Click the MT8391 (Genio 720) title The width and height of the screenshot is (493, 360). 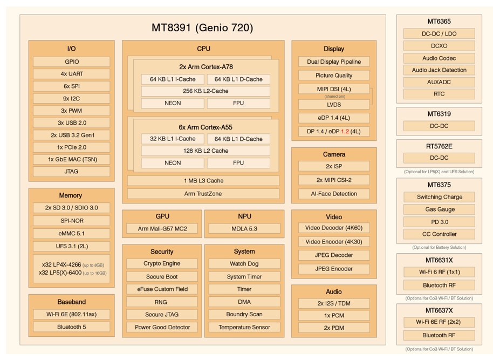(x=202, y=28)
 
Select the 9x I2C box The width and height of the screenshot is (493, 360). (x=71, y=98)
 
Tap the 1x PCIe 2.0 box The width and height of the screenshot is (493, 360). (x=71, y=147)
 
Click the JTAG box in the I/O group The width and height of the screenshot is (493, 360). (x=71, y=172)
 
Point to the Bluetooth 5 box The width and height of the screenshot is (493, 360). (x=71, y=327)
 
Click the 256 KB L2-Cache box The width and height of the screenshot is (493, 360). (x=206, y=91)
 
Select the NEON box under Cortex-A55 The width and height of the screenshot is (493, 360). (x=173, y=163)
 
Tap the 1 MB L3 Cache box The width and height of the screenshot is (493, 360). (x=203, y=181)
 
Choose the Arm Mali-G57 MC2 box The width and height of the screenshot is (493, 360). (x=162, y=229)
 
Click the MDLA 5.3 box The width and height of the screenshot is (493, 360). (x=244, y=229)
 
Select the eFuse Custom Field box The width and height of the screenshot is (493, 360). (x=162, y=289)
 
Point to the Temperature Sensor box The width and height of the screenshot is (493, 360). (x=244, y=327)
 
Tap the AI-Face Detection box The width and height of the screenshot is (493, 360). (x=334, y=194)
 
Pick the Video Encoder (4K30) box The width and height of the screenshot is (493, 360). (x=334, y=242)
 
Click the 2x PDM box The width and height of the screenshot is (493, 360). (x=334, y=328)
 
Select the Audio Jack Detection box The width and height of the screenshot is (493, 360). (x=439, y=70)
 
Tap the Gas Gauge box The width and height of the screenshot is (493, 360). (x=439, y=209)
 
